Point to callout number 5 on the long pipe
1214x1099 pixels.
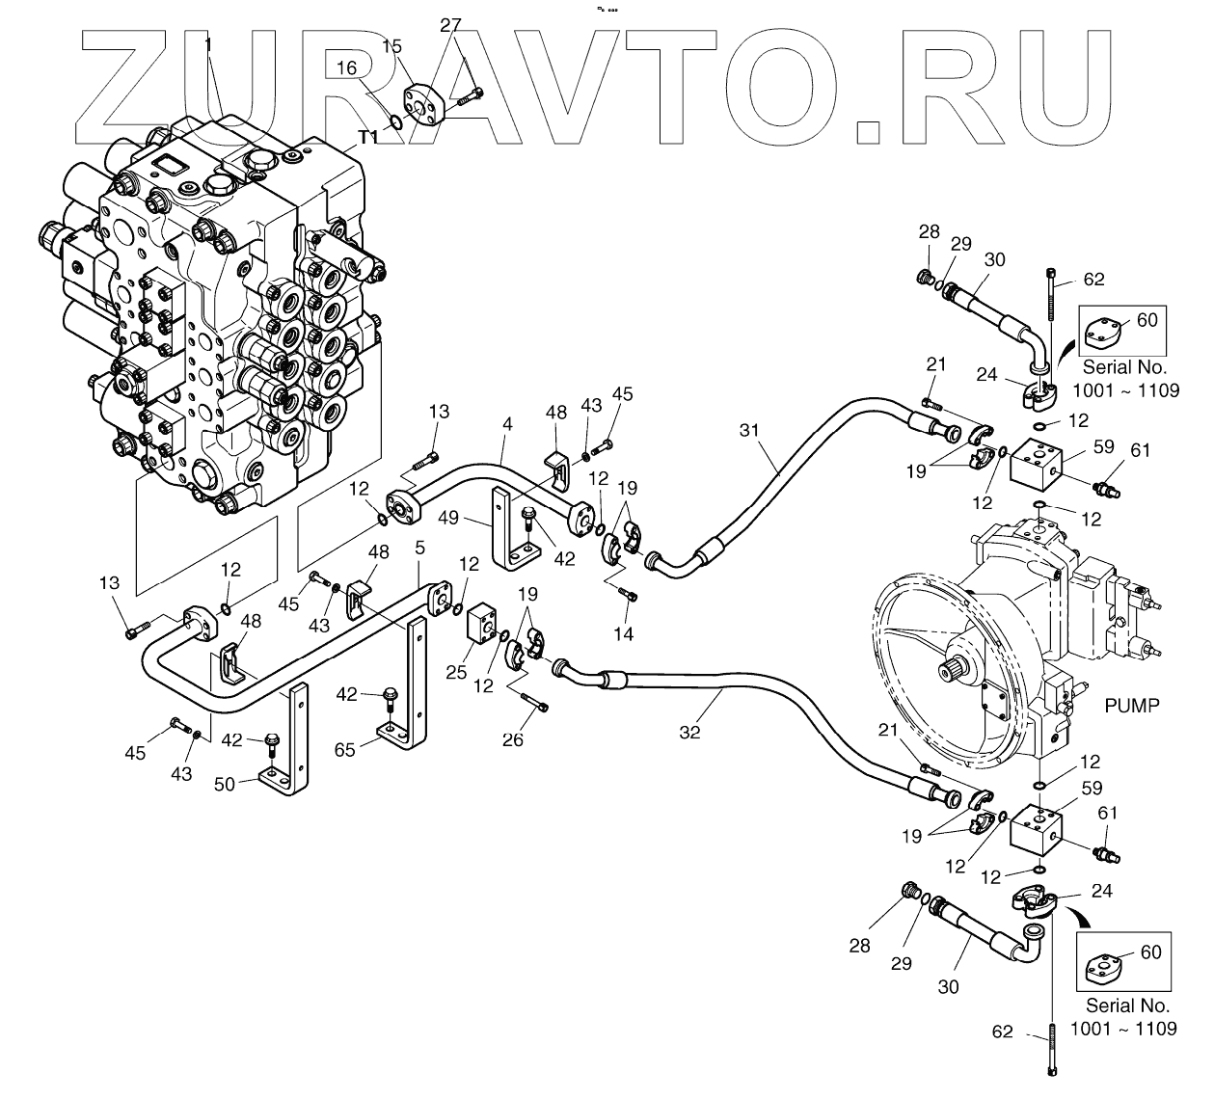(x=419, y=549)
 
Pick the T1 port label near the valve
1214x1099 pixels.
(x=368, y=138)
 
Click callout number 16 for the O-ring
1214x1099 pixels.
(x=346, y=67)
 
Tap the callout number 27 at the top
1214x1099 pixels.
(x=451, y=26)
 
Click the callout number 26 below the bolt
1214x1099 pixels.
(x=513, y=739)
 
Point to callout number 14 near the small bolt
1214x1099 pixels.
(x=624, y=633)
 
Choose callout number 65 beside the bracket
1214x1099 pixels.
(x=344, y=748)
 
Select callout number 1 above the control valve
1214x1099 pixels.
(x=208, y=44)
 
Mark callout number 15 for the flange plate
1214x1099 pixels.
(x=391, y=45)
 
